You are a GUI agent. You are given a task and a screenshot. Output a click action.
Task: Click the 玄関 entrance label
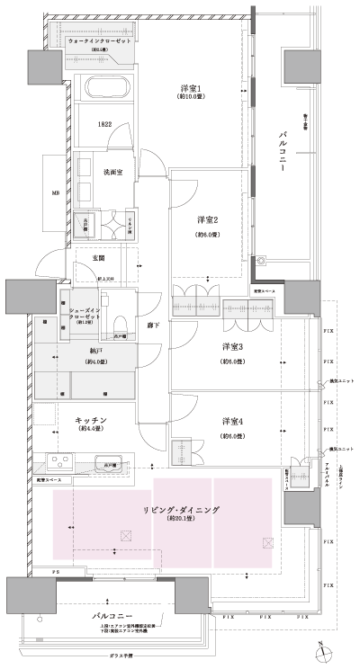(x=99, y=259)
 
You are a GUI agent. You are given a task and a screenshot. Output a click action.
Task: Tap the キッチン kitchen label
(x=91, y=420)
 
